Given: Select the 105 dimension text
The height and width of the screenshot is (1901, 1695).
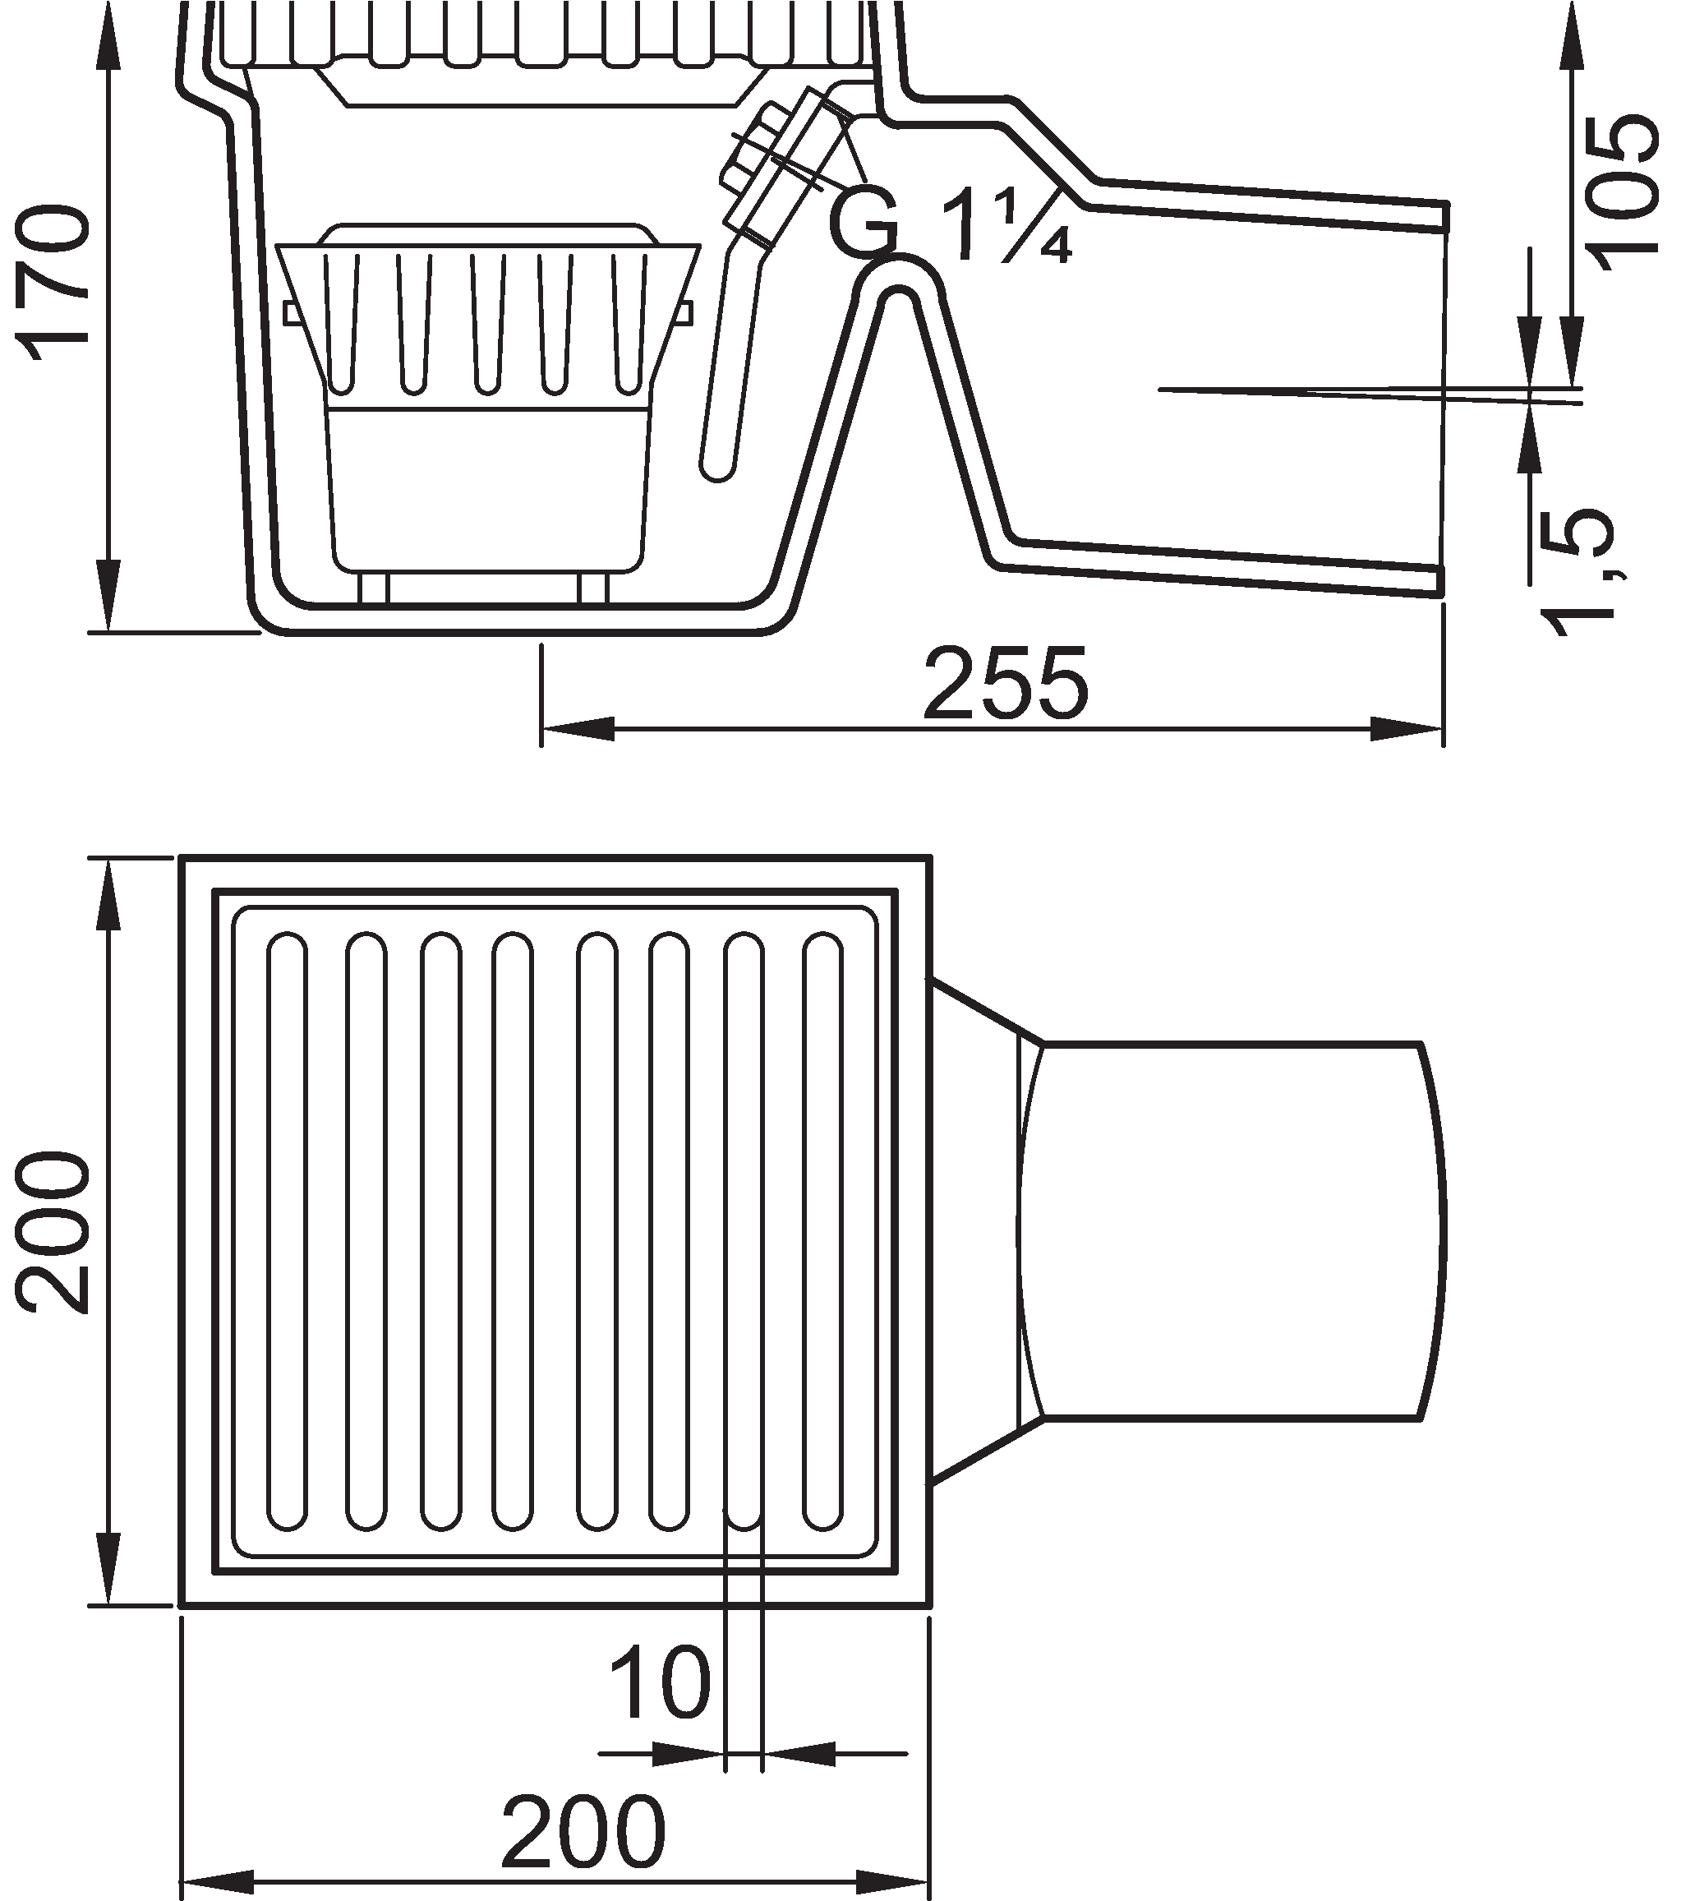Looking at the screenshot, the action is (x=1624, y=191).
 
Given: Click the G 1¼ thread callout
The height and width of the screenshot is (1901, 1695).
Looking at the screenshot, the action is (x=950, y=224).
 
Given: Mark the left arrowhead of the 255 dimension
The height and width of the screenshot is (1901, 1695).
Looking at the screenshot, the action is (x=578, y=729).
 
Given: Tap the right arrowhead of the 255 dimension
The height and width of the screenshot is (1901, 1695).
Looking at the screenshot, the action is (x=1407, y=729).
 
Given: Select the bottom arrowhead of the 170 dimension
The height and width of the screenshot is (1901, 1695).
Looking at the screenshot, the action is (x=109, y=596).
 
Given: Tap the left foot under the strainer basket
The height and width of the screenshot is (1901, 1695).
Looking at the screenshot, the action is (x=372, y=589).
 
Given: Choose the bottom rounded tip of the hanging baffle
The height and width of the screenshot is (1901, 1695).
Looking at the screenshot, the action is (x=718, y=471).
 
